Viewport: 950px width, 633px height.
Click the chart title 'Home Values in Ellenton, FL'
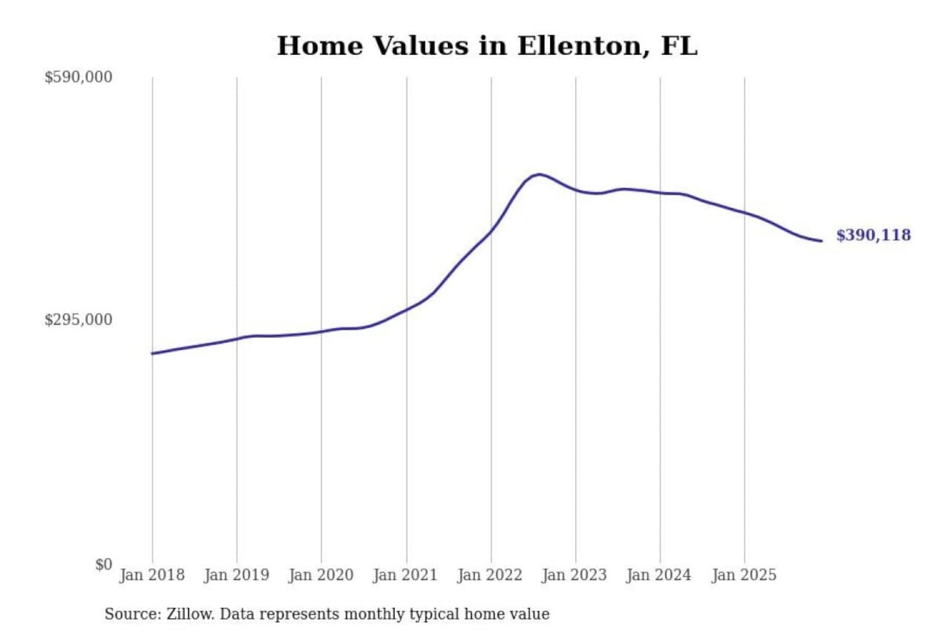point(487,46)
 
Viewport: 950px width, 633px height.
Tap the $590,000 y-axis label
point(79,77)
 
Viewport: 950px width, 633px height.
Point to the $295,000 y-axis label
point(79,320)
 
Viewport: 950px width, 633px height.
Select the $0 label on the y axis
point(104,564)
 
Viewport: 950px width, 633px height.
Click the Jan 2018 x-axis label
point(152,575)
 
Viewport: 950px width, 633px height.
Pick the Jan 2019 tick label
point(236,575)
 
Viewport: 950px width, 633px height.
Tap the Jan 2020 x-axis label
point(321,575)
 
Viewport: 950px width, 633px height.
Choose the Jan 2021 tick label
point(405,575)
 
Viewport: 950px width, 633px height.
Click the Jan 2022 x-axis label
point(490,575)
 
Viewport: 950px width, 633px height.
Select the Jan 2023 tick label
point(574,575)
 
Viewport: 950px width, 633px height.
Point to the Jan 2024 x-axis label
point(658,575)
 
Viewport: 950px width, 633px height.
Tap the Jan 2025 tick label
point(744,575)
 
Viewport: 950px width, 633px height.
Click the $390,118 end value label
point(873,235)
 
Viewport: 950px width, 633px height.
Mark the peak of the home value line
point(540,174)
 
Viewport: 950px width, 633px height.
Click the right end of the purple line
point(821,241)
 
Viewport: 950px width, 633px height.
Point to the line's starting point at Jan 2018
point(152,353)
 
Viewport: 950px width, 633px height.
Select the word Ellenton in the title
point(579,46)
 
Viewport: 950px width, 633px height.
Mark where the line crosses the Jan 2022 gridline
point(491,230)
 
